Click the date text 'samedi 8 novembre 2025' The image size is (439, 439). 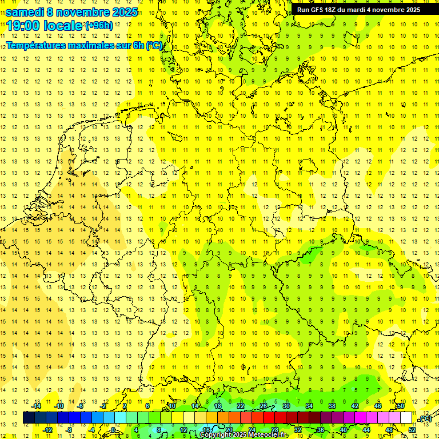click(72, 11)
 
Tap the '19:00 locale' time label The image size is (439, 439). click(45, 26)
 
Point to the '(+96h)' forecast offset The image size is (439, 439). click(99, 26)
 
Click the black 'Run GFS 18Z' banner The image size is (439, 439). click(358, 9)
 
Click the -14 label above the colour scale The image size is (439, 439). click(36, 406)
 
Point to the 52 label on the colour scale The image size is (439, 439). click(412, 429)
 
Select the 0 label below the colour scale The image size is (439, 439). click(113, 429)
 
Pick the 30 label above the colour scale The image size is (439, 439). click(286, 406)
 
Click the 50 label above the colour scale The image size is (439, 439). click(401, 406)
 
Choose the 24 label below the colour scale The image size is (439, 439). click(252, 429)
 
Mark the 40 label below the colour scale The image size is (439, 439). click(344, 429)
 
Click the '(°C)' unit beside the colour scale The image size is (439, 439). click(425, 418)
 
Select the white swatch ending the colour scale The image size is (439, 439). click(406, 418)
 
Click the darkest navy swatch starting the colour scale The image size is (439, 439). click(29, 418)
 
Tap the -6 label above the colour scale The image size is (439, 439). click(81, 406)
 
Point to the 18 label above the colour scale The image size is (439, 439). click(218, 406)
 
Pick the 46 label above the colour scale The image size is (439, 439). click(378, 406)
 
